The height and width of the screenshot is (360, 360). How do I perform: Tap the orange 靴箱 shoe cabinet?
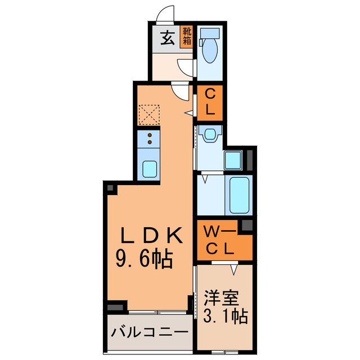click(187, 36)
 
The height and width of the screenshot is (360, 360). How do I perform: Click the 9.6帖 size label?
click(144, 259)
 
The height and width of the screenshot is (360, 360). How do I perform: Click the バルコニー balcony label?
click(148, 332)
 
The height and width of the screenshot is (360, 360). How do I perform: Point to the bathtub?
click(238, 194)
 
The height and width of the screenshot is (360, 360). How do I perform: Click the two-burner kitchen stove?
click(149, 138)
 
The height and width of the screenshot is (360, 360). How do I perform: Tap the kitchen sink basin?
click(149, 168)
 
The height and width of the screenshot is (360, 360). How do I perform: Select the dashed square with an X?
click(148, 116)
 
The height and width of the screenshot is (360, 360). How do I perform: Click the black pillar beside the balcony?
click(115, 307)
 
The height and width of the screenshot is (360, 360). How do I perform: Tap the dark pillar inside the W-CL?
click(246, 226)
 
